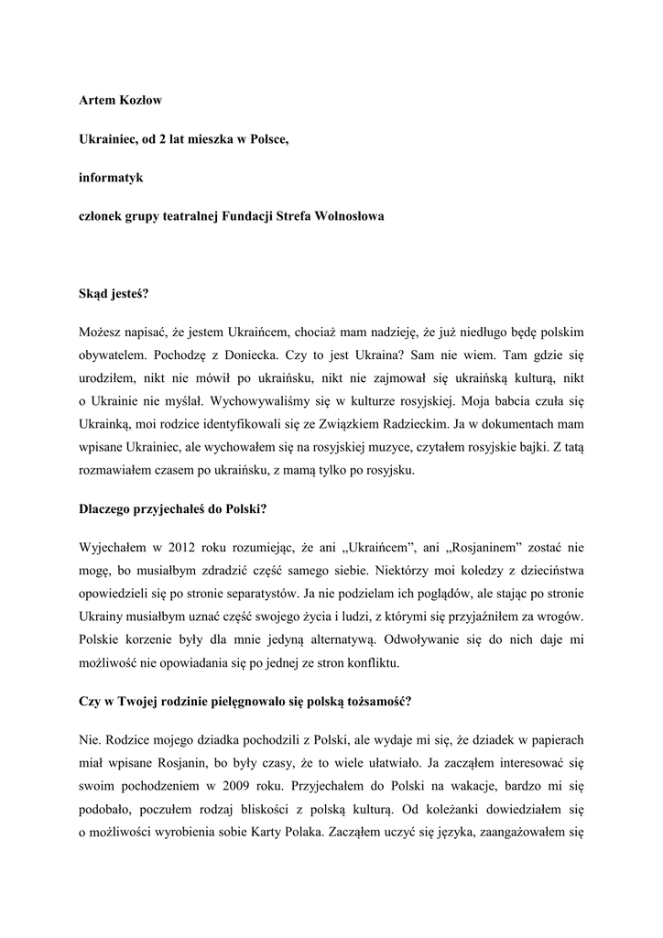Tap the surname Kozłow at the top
pyautogui.click(x=137, y=99)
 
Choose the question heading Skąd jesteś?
pyautogui.click(x=114, y=295)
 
